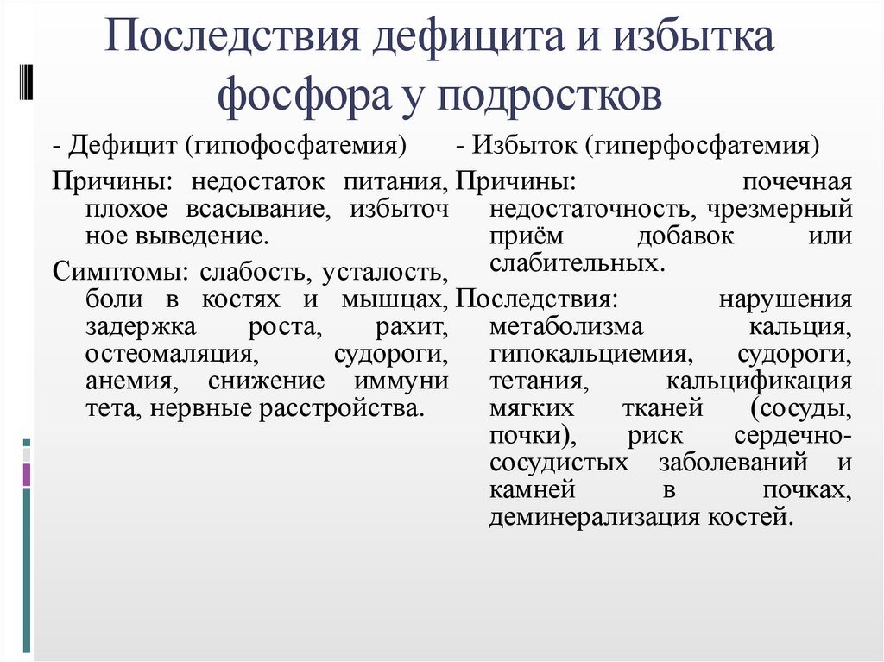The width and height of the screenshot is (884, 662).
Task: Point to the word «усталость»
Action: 383,272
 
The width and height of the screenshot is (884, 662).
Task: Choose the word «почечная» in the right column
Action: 797,182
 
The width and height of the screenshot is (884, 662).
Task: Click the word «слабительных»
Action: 576,262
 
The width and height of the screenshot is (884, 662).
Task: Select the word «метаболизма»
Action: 565,328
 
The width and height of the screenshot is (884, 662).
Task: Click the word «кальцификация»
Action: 760,381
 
